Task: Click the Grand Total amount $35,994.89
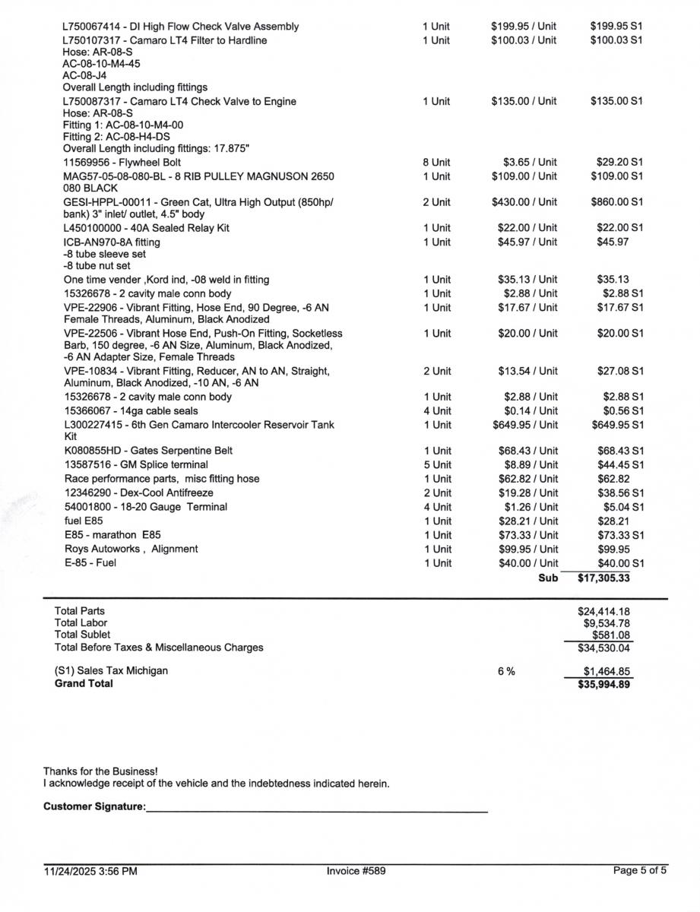coord(603,684)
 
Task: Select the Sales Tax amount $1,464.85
coord(607,671)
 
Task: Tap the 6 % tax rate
coord(506,671)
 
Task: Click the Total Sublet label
coord(82,635)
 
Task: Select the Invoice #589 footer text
coord(356,871)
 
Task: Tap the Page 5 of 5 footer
coord(640,871)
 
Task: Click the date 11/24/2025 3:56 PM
coord(90,872)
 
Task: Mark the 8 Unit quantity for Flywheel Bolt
coord(436,163)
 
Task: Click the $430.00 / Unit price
coord(524,202)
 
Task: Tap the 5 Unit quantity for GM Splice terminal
coord(436,465)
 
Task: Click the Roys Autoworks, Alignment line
coord(131,549)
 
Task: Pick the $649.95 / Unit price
coord(524,425)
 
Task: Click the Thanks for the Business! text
coord(100,771)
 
